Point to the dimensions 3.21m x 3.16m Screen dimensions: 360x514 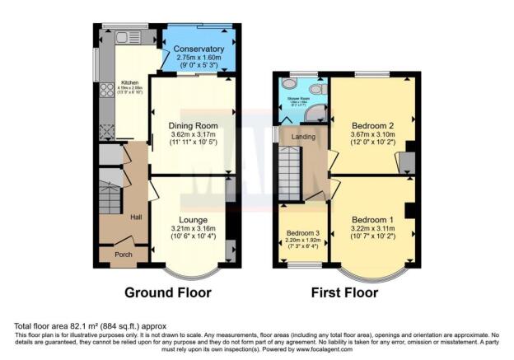pos(194,228)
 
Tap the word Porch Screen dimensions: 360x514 pos(123,254)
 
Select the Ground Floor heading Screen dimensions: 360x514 pos(167,292)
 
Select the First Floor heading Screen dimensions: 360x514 pos(344,292)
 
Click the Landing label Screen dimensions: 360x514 pos(302,136)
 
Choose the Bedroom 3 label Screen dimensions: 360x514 pos(302,233)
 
